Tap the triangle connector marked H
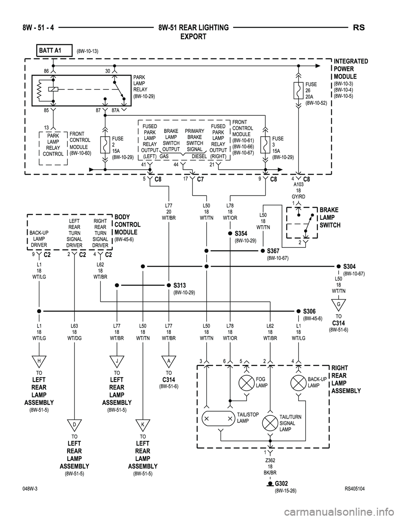click(39, 360)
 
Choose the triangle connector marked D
click(74, 424)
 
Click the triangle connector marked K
click(142, 424)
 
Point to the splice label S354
click(241, 233)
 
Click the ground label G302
click(281, 484)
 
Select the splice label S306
click(309, 311)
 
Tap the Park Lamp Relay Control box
click(53, 145)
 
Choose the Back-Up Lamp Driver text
click(39, 239)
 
